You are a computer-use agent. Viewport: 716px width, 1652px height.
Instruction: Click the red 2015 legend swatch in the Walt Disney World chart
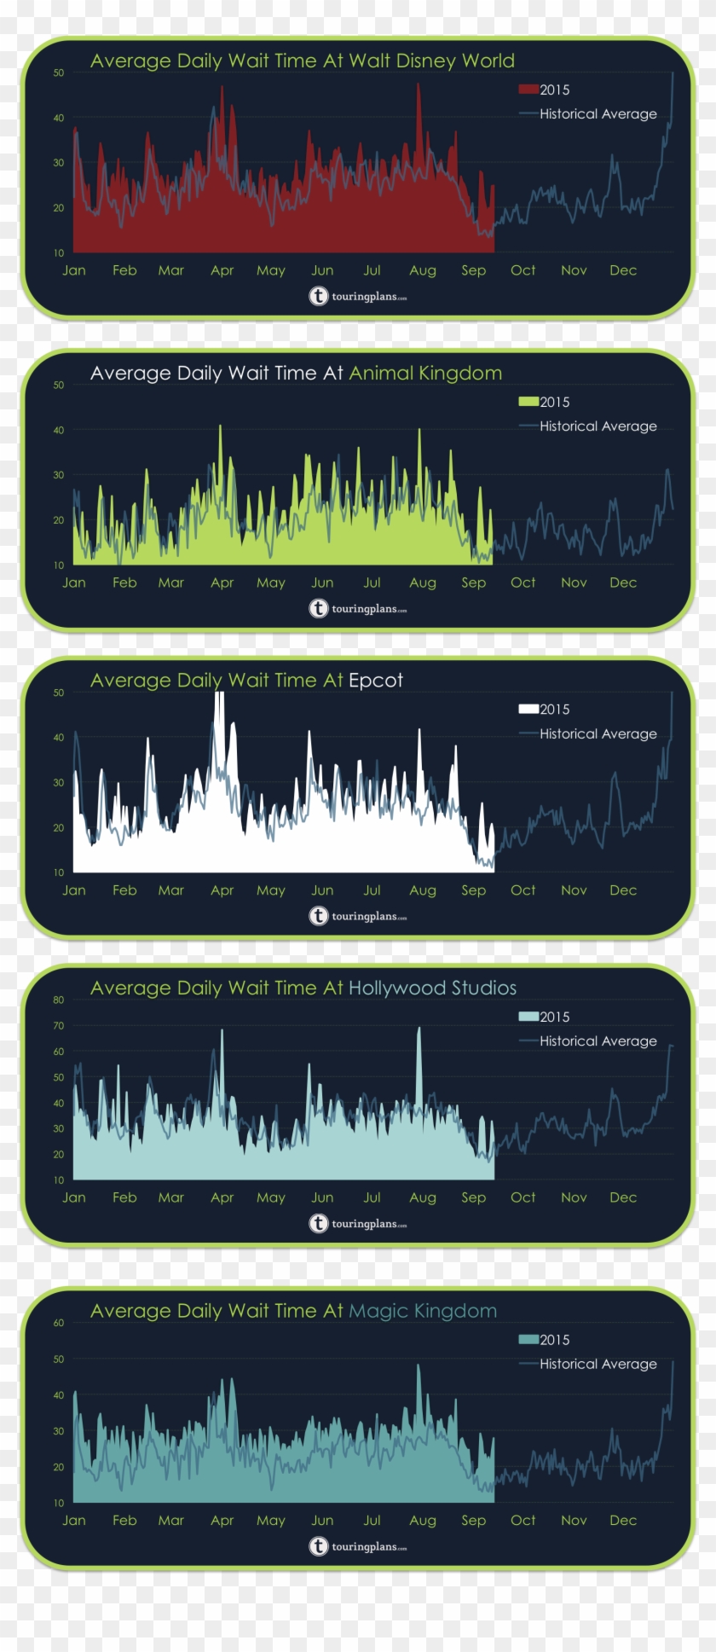point(528,90)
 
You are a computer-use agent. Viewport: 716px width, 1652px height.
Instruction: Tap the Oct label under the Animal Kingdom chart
point(523,583)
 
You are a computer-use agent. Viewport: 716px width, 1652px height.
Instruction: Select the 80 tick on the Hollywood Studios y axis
point(59,1000)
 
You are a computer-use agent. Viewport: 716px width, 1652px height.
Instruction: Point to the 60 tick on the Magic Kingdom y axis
point(59,1323)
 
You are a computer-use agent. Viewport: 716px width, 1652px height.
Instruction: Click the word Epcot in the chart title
point(375,681)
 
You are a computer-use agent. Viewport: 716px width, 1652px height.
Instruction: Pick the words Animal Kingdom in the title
point(424,374)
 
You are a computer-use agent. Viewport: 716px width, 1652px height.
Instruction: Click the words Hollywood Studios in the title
point(432,988)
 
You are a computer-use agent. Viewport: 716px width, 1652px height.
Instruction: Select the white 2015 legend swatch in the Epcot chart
point(528,709)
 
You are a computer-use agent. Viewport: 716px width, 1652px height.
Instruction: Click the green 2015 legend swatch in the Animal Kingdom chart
point(528,402)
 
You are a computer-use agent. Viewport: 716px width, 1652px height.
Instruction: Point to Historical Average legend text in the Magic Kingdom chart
point(598,1364)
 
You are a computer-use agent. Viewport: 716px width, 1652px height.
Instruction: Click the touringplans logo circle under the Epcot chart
point(318,916)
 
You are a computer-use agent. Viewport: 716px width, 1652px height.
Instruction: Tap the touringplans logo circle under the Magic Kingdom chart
point(318,1546)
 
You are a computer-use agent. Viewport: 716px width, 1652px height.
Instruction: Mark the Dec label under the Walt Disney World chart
point(623,270)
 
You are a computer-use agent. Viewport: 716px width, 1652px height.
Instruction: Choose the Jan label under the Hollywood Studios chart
point(74,1197)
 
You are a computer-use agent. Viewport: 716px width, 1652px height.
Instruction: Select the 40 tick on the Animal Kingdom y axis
point(59,430)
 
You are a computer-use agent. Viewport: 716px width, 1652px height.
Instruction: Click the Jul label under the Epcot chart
point(372,890)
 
